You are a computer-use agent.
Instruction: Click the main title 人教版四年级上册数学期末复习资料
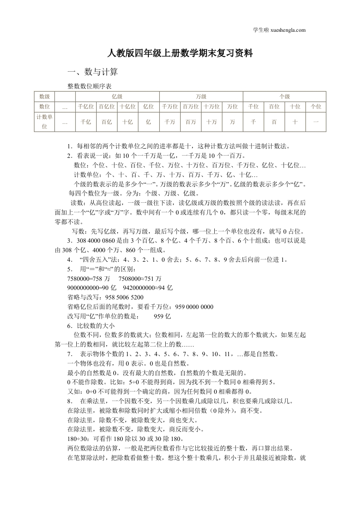click(180, 54)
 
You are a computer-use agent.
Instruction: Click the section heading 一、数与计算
click(93, 72)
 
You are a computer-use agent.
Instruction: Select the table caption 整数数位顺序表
click(89, 85)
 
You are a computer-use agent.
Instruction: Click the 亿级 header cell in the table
click(117, 96)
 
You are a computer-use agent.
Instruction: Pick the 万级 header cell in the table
click(201, 96)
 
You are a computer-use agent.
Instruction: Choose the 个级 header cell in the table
click(285, 96)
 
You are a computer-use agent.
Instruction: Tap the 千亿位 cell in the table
click(86, 107)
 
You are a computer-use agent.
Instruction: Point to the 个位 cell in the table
click(316, 107)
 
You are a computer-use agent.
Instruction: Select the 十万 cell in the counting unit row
click(211, 122)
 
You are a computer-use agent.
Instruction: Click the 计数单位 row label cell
click(44, 122)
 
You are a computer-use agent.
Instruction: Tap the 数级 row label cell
click(44, 96)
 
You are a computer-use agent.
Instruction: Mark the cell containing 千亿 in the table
click(86, 122)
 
